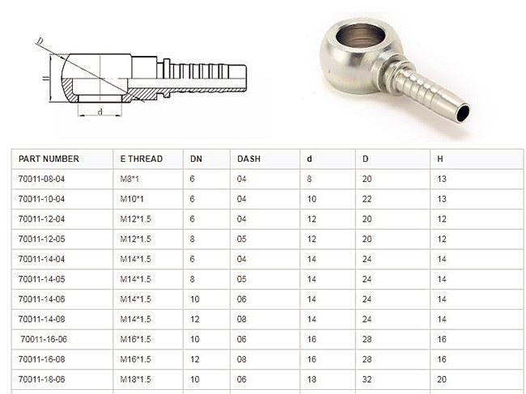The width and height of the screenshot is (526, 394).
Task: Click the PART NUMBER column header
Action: click(49, 159)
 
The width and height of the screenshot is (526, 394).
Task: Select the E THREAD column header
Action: click(141, 159)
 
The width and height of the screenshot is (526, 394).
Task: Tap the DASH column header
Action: click(248, 159)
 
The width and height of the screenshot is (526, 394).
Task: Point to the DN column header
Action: click(196, 159)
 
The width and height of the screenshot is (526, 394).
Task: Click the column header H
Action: click(439, 159)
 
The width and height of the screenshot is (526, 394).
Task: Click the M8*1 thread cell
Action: click(129, 179)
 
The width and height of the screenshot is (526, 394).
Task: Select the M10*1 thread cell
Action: click(132, 198)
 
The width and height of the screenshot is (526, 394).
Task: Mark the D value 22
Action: click(367, 198)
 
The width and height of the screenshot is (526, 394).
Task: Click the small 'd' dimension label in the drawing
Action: click(99, 112)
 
